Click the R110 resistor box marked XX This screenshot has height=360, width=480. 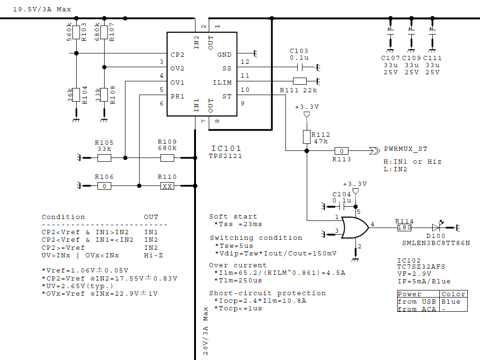167,186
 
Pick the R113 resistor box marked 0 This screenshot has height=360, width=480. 341,151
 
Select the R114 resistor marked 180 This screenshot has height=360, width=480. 404,228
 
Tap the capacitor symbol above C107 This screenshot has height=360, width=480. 390,32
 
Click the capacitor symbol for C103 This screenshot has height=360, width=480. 299,67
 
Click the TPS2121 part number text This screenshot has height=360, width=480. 225,156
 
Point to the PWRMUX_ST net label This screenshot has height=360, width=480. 405,149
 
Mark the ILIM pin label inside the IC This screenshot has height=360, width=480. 222,82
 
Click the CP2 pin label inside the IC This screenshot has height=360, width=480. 178,54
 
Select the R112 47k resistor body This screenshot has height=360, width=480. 306,137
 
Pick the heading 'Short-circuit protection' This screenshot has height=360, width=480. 267,293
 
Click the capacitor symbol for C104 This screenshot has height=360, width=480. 342,206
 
